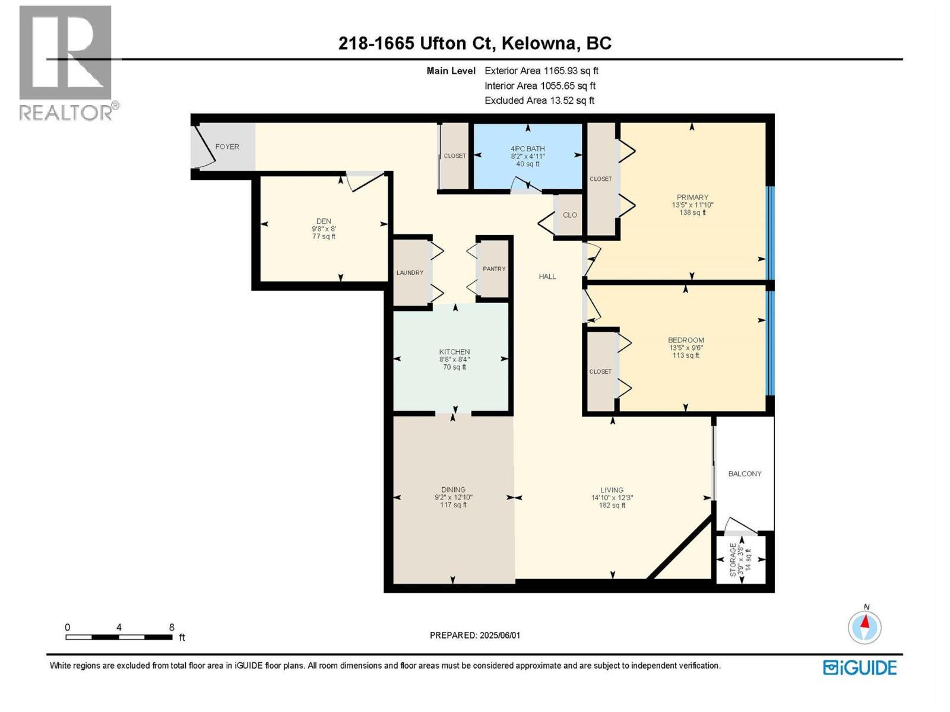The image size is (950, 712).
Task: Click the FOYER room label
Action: [x=227, y=147]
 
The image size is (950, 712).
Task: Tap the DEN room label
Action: [x=324, y=221]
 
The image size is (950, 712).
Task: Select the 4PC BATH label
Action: [x=527, y=149]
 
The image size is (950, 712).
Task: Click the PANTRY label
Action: [x=494, y=269]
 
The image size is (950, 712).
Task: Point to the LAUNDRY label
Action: [x=410, y=273]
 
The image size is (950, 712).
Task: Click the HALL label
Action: [x=547, y=276]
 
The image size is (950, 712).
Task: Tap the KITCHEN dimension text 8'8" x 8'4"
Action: [x=454, y=360]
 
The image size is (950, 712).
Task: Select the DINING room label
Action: [x=453, y=490]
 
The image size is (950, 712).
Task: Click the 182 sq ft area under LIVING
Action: [x=612, y=506]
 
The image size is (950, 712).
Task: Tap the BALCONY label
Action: [x=745, y=473]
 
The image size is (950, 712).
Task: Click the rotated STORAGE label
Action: [x=733, y=559]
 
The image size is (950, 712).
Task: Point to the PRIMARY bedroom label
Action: [x=692, y=198]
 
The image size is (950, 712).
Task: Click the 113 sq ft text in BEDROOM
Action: [x=686, y=356]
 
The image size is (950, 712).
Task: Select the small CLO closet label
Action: [x=569, y=215]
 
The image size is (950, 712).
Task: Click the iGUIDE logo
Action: [x=859, y=667]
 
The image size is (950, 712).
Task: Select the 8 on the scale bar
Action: [x=172, y=627]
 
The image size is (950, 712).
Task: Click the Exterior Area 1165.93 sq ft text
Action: [x=541, y=71]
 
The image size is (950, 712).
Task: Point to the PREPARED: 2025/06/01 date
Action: [x=474, y=635]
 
